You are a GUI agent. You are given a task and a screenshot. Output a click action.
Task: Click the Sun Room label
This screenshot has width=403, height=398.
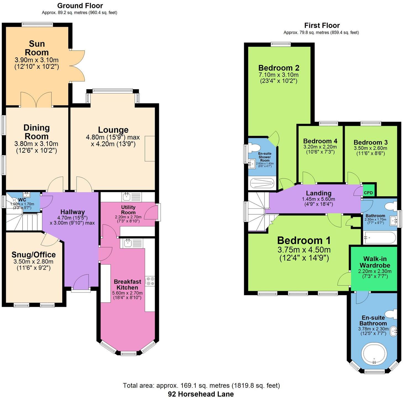[x=37, y=48]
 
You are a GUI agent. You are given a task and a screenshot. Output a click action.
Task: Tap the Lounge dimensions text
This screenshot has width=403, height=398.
[x=113, y=141]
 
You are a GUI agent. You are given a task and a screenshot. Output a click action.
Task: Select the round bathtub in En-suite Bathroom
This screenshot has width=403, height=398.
[x=374, y=355]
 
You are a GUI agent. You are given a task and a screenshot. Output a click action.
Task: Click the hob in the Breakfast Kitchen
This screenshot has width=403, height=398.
[x=150, y=281]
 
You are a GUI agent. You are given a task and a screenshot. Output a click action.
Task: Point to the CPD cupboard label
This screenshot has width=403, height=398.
[x=368, y=193]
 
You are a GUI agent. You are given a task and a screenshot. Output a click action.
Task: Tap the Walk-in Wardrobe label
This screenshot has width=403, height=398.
[x=375, y=262]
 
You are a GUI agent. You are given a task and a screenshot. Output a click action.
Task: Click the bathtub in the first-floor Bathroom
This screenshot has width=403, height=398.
[x=380, y=238]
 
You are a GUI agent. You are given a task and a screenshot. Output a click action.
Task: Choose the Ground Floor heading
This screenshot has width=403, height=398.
[x=80, y=6]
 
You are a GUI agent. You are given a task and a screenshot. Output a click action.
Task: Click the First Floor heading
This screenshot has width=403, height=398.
[x=322, y=25]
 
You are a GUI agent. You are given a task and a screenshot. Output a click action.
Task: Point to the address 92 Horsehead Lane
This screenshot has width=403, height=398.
[x=201, y=394]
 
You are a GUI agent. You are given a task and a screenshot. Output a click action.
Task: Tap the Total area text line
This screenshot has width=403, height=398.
[x=201, y=385]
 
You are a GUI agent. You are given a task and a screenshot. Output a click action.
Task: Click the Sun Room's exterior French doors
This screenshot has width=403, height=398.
[x=77, y=66]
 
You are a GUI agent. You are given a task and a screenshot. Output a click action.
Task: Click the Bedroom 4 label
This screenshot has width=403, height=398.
[x=320, y=141]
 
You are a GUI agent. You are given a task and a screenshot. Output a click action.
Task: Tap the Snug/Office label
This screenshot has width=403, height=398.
[x=33, y=255]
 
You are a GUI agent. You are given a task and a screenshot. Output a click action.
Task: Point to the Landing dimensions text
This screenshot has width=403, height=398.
[x=318, y=201]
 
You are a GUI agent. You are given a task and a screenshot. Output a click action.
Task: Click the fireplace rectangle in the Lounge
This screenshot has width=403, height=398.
[x=150, y=148]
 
